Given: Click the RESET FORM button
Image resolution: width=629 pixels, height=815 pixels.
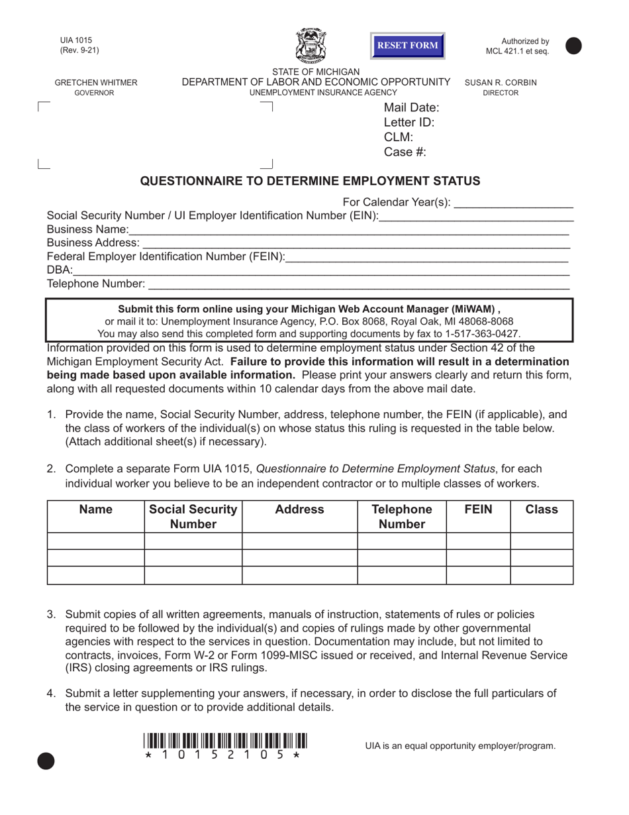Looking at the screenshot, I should pos(407,46).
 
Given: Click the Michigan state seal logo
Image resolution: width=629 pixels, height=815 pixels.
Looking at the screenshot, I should pos(309,46).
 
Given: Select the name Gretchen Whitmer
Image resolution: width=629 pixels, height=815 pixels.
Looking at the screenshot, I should pos(96,83).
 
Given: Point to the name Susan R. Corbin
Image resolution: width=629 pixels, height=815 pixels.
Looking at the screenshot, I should pos(501,83).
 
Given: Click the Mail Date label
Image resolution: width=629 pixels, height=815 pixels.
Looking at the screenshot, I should pos(411,107).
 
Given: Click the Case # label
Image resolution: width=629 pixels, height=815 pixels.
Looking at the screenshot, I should pos(405,152).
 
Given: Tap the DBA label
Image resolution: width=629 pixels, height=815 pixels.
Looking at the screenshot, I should pos(59,270).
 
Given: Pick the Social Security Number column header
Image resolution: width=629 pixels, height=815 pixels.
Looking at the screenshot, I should pos(193,517).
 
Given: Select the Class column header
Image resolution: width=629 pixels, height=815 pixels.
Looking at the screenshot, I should pos(541,510).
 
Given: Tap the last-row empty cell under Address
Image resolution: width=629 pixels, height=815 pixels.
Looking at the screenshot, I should pos(299,575).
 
